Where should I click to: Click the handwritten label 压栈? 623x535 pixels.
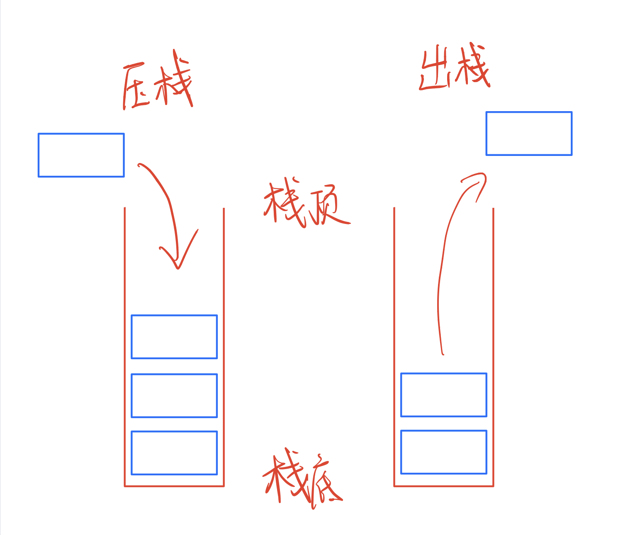(158, 83)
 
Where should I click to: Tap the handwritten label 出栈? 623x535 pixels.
(455, 68)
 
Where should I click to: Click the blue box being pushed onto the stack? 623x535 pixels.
(81, 155)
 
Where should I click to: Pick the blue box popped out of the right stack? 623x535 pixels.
(529, 134)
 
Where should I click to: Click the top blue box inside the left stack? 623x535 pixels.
(174, 337)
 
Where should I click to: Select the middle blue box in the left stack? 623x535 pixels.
(174, 396)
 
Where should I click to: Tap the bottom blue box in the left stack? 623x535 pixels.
(174, 453)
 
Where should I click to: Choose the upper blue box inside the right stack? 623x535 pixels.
(443, 395)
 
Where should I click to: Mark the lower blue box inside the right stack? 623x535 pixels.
(443, 452)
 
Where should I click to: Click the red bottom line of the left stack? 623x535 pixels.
(174, 486)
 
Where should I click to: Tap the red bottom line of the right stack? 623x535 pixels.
(443, 486)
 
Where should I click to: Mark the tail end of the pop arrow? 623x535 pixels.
(443, 354)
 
